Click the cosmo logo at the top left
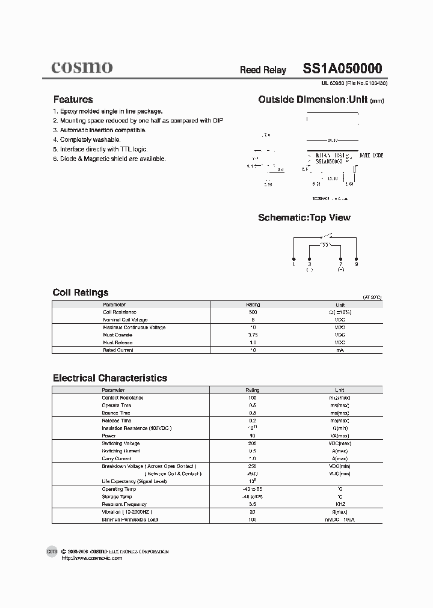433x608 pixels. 81,67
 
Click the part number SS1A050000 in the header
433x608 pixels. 342,69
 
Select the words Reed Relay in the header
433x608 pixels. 263,70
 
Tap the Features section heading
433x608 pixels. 73,100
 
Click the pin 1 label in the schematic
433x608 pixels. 293,264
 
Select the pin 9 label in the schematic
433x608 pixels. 356,264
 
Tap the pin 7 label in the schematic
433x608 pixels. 340,264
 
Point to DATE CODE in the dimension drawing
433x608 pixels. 371,155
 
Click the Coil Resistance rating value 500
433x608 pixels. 253,312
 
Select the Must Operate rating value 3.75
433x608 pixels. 253,335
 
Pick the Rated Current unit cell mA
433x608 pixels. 340,350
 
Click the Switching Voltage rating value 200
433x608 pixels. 253,443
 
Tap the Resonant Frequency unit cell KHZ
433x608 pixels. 340,504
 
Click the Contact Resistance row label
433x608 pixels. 123,398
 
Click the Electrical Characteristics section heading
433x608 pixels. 110,378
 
